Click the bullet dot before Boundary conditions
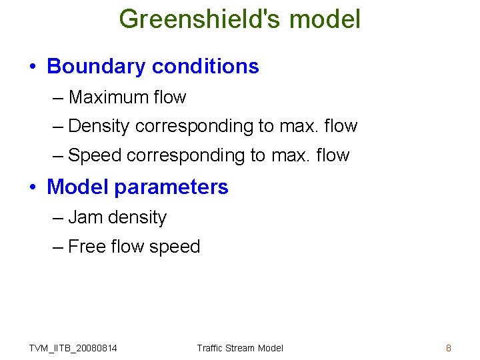point(33,67)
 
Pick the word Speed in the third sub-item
point(95,155)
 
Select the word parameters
point(171,188)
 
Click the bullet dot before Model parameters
point(33,188)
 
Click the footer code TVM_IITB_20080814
point(73,348)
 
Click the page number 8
point(448,348)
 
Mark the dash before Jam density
point(58,218)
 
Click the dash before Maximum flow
point(58,98)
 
